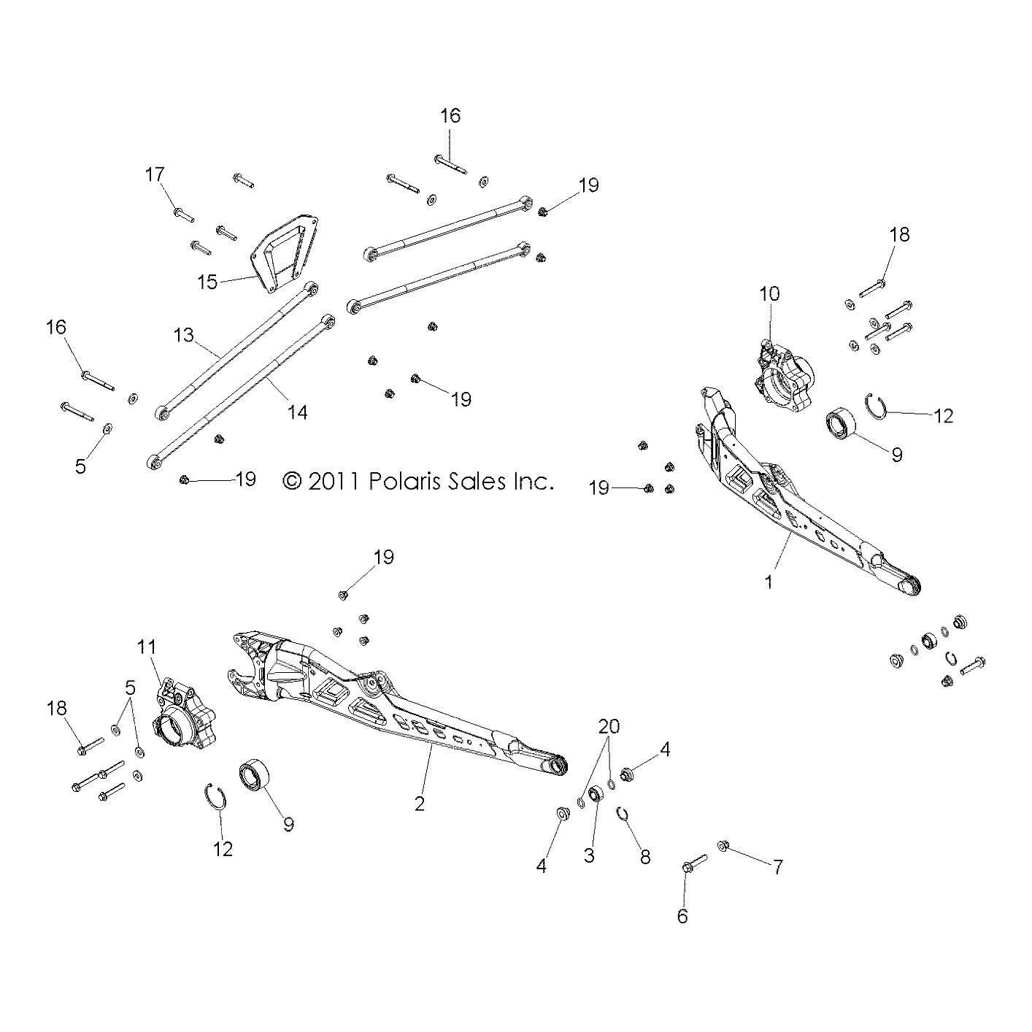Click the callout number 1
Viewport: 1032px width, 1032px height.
point(768,582)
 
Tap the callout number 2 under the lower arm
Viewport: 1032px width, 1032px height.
point(419,804)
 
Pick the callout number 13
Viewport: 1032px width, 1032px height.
point(184,335)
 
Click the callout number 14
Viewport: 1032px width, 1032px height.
point(297,412)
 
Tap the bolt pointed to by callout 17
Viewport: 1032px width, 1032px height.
point(183,215)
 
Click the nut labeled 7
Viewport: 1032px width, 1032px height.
point(723,845)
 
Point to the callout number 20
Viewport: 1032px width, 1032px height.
point(609,726)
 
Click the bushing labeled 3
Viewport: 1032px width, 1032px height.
point(595,794)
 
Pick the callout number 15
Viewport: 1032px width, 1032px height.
point(208,282)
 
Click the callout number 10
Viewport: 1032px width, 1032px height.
point(769,293)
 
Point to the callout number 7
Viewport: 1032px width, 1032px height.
point(778,867)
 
